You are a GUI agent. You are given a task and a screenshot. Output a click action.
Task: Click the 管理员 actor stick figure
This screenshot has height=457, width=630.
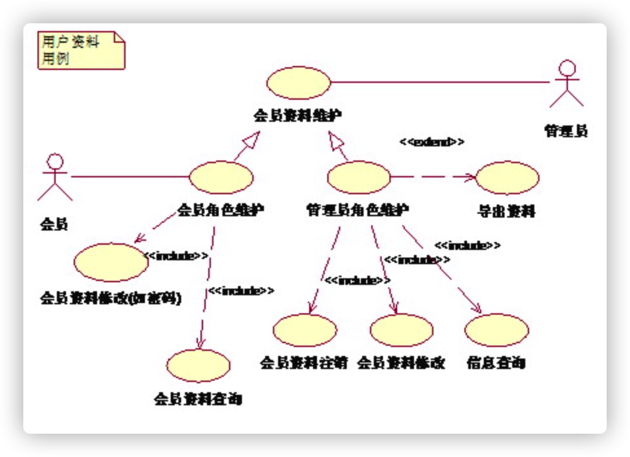567,84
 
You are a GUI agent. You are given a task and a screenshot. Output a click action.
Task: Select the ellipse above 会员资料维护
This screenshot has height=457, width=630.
299,83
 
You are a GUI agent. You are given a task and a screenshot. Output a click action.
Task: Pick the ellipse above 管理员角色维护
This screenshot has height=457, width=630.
359,177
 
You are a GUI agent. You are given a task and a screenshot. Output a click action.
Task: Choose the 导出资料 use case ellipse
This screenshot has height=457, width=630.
507,177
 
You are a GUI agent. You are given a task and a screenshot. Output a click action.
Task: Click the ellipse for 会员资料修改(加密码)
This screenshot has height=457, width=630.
111,262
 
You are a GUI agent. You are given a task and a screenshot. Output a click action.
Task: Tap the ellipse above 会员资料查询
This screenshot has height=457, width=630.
198,366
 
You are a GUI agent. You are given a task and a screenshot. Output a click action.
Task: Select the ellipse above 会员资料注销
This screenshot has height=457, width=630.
305,330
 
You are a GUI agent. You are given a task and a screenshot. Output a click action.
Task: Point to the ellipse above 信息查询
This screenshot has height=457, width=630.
497,330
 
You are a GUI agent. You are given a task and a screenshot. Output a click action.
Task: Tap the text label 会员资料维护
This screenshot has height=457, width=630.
298,116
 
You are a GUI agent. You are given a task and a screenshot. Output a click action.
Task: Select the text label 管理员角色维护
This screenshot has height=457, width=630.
357,210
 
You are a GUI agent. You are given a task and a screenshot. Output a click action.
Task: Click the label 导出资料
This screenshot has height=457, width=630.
506,212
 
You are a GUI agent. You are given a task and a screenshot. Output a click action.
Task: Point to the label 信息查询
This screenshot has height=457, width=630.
496,363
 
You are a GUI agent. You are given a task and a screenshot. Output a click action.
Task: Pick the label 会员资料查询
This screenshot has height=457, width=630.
198,398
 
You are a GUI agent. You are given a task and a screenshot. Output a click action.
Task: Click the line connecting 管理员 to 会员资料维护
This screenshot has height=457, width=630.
440,83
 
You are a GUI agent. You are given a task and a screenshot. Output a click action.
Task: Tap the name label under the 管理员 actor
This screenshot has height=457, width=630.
566,131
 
